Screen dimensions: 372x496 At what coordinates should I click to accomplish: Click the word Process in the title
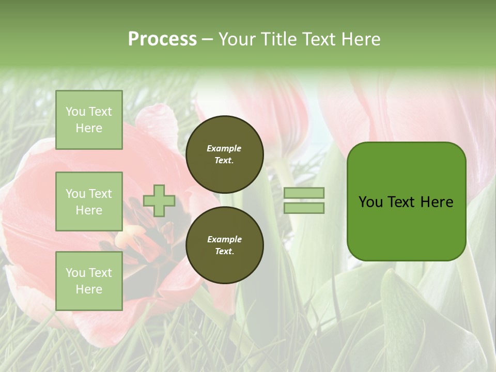pyautogui.click(x=162, y=39)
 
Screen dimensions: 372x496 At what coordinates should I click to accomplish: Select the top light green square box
pyautogui.click(x=89, y=120)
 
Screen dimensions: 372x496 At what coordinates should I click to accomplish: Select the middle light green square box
pyautogui.click(x=89, y=202)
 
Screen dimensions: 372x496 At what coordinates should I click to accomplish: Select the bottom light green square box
pyautogui.click(x=89, y=281)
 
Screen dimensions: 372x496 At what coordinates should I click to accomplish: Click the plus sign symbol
pyautogui.click(x=159, y=200)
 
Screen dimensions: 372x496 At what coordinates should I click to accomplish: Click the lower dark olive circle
pyautogui.click(x=225, y=245)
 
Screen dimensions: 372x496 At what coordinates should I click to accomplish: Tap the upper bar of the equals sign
pyautogui.click(x=304, y=193)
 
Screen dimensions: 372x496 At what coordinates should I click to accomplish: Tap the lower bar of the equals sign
pyautogui.click(x=304, y=208)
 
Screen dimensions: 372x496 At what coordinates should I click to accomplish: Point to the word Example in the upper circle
pyautogui.click(x=224, y=148)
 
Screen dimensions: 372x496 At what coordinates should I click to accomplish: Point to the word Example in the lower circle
pyautogui.click(x=224, y=239)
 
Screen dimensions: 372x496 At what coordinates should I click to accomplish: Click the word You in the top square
pyautogui.click(x=75, y=112)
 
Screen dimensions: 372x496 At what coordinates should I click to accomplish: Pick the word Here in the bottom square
pyautogui.click(x=89, y=289)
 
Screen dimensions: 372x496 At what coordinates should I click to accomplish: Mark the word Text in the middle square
pyautogui.click(x=100, y=194)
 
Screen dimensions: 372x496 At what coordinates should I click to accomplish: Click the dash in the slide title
pyautogui.click(x=208, y=39)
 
